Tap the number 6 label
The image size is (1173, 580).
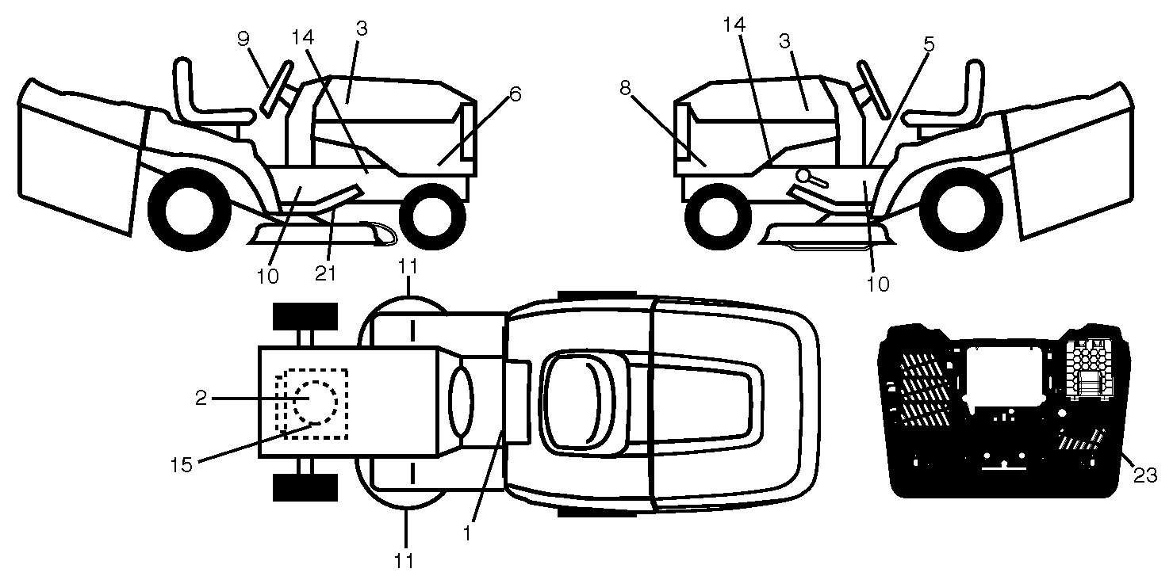tap(516, 94)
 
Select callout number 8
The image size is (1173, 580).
tap(625, 88)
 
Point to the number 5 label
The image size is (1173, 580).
tap(929, 44)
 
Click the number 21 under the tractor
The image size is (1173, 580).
tap(325, 273)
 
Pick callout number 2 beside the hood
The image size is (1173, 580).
tap(201, 399)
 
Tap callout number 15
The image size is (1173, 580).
tap(182, 464)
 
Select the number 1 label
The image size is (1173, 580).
tap(466, 533)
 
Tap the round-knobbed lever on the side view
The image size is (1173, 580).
tap(808, 178)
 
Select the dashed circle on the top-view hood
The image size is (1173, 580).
tap(315, 402)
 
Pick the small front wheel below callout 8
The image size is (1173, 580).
tap(719, 214)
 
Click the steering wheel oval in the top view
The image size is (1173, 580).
tap(461, 400)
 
